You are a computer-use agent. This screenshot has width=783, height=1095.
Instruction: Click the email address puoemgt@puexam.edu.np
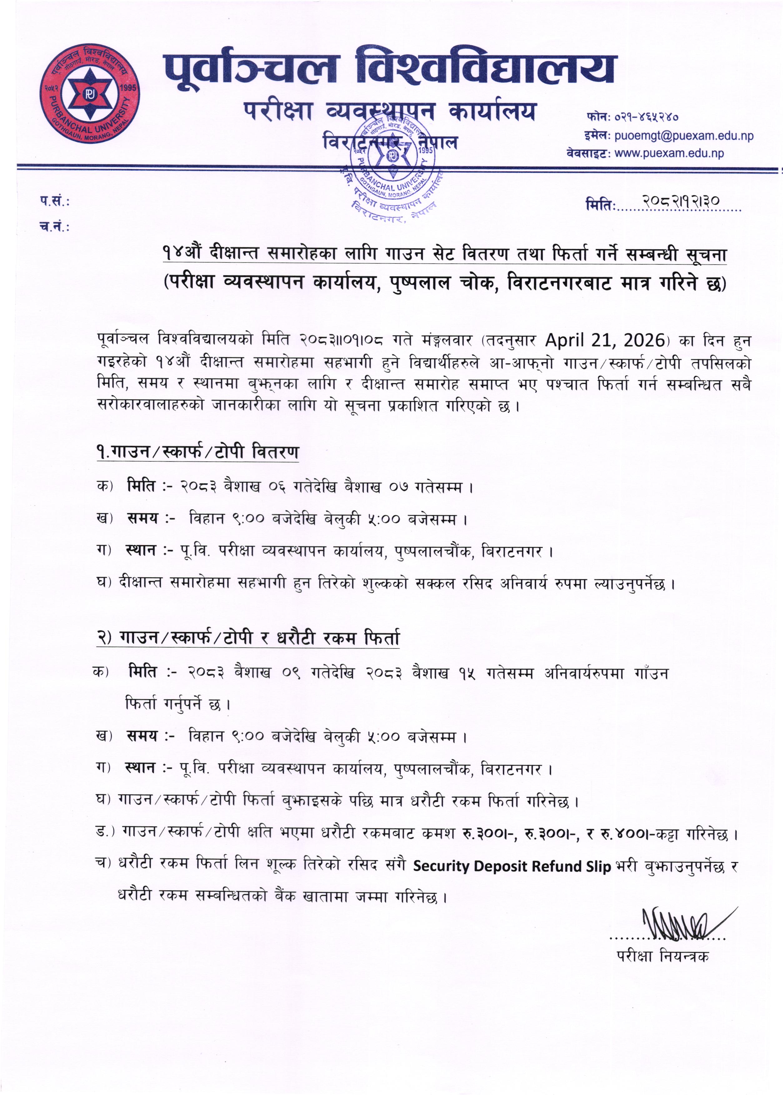click(x=684, y=136)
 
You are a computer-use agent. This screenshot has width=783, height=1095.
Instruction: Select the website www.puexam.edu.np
click(x=669, y=154)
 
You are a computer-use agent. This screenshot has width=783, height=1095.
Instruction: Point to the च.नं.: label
click(x=54, y=226)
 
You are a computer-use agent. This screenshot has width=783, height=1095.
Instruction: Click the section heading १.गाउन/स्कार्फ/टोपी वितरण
click(x=198, y=452)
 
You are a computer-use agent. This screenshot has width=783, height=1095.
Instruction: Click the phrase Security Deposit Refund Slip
click(x=511, y=866)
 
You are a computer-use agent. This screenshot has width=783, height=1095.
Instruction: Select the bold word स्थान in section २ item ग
click(x=140, y=767)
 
